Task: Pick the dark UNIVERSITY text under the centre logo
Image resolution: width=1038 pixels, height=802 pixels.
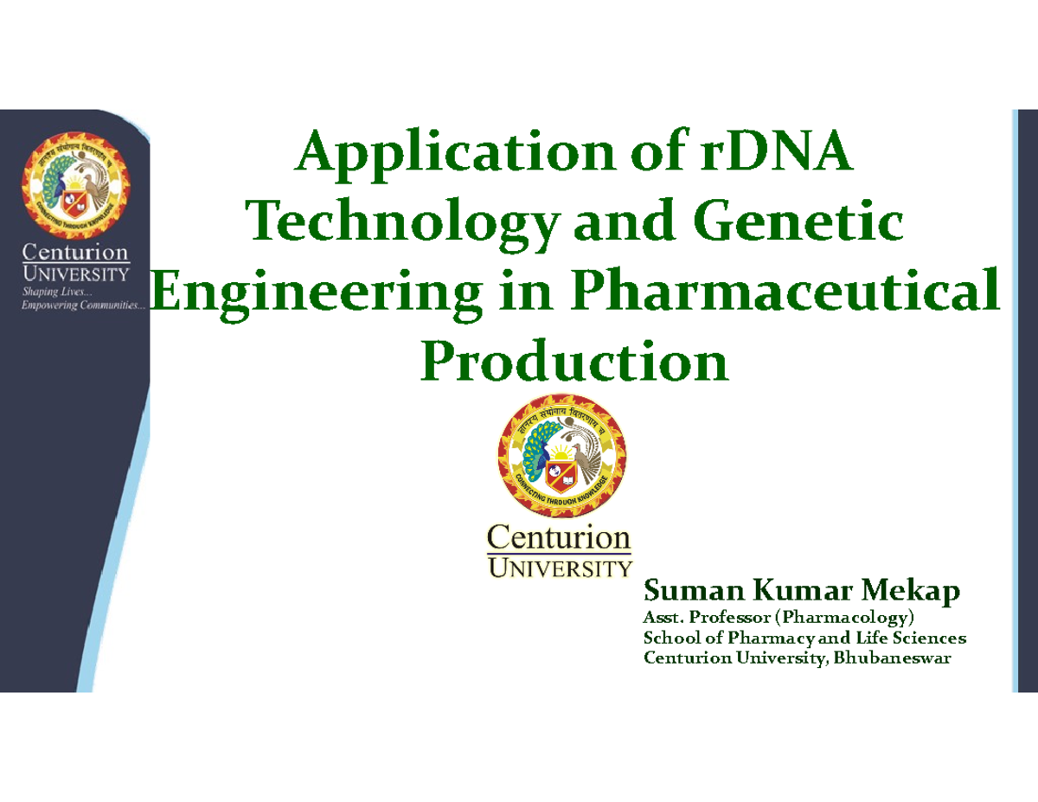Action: (561, 568)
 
